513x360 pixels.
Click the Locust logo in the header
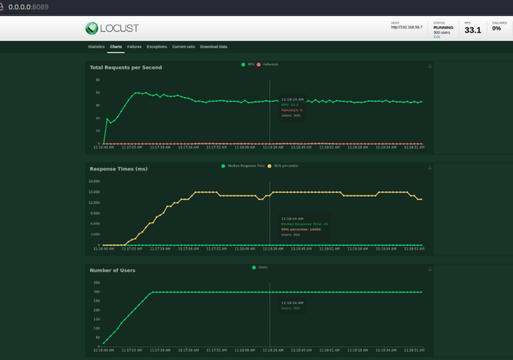coord(112,28)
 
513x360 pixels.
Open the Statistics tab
coord(96,47)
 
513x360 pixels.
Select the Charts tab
coord(116,47)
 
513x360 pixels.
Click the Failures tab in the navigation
coord(135,47)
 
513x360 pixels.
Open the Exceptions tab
coord(156,47)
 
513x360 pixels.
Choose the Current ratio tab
coord(183,47)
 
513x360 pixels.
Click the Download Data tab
coord(214,47)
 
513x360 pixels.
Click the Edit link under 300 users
coord(437,37)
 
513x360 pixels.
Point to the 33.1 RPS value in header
coord(473,30)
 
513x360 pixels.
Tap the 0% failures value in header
coord(496,29)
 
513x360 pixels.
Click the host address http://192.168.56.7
coord(407,28)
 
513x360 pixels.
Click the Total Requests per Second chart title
coord(126,67)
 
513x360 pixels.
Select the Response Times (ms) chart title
coord(119,169)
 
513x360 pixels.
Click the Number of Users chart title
coord(112,270)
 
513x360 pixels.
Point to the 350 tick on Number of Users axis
coord(96,282)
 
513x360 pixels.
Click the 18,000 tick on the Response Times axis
coord(94,181)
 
